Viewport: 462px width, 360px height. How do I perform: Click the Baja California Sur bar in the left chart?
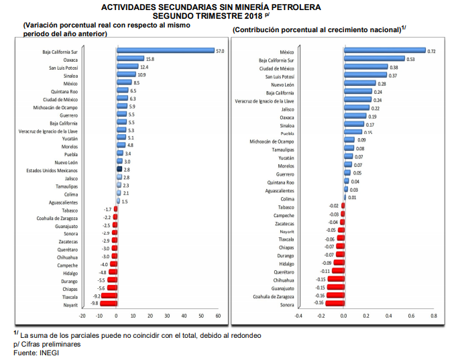[165, 50]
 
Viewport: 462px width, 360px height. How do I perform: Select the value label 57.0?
[220, 50]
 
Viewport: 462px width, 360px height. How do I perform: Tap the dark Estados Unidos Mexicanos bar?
[119, 171]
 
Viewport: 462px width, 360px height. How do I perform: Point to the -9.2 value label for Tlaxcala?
[97, 296]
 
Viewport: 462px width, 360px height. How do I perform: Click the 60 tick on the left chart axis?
[219, 315]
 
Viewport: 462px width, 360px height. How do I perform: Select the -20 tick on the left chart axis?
[82, 315]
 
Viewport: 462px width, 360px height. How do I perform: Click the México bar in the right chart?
[384, 50]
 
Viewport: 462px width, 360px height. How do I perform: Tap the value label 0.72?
[432, 51]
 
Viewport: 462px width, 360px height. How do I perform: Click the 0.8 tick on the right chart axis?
[434, 315]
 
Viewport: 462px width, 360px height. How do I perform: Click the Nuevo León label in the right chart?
[282, 84]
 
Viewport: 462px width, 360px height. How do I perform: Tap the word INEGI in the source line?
[48, 353]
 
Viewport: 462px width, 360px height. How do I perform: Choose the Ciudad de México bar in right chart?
[365, 67]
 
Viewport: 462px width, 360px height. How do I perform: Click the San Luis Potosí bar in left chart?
[127, 67]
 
